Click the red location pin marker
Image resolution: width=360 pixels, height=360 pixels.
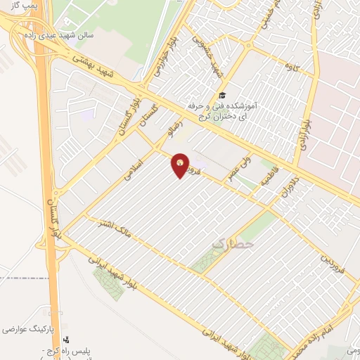[x=181, y=166]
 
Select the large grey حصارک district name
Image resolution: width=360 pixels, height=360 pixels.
[x=230, y=243]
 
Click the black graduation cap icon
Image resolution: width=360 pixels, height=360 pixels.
[x=222, y=95]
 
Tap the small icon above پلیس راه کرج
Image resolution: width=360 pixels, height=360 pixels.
[x=66, y=339]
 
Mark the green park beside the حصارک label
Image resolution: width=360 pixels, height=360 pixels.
[x=205, y=259]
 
